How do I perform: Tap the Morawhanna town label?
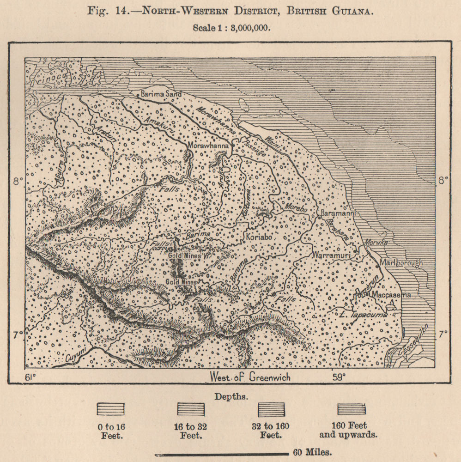pyautogui.click(x=208, y=146)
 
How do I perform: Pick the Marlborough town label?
pyautogui.click(x=400, y=263)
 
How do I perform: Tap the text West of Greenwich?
pyautogui.click(x=250, y=377)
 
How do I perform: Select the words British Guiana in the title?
pyautogui.click(x=329, y=11)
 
